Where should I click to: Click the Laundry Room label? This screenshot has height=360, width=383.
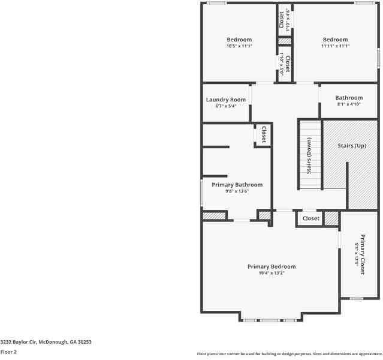225,100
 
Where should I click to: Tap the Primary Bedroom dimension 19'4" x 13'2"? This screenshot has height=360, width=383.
272,273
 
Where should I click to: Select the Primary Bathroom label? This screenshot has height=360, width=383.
237,185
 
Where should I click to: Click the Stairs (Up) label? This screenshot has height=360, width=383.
352,146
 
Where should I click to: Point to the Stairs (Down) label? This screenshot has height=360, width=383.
309,155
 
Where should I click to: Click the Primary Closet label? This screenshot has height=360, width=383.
362,254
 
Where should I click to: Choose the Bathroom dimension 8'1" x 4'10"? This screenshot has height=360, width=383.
348,104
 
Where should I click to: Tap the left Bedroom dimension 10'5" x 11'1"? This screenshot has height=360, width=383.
239,46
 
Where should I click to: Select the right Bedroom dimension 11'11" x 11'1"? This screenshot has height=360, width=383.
335,46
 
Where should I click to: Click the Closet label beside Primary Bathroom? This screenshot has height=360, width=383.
264,134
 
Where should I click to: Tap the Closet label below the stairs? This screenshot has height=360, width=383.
311,219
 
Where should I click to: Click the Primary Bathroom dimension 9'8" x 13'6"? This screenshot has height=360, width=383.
236,191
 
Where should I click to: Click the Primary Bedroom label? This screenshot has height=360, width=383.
272,266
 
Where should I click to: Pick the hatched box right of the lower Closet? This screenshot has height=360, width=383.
331,218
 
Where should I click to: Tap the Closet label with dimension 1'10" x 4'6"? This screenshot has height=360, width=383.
282,20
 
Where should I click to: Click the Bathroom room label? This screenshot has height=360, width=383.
348,98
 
